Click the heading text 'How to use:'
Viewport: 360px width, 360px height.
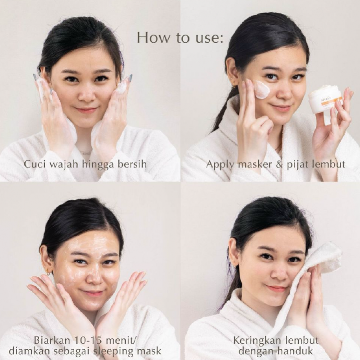coord(180,38)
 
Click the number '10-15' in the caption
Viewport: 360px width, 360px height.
coord(86,340)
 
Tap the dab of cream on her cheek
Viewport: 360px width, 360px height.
coord(262,90)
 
